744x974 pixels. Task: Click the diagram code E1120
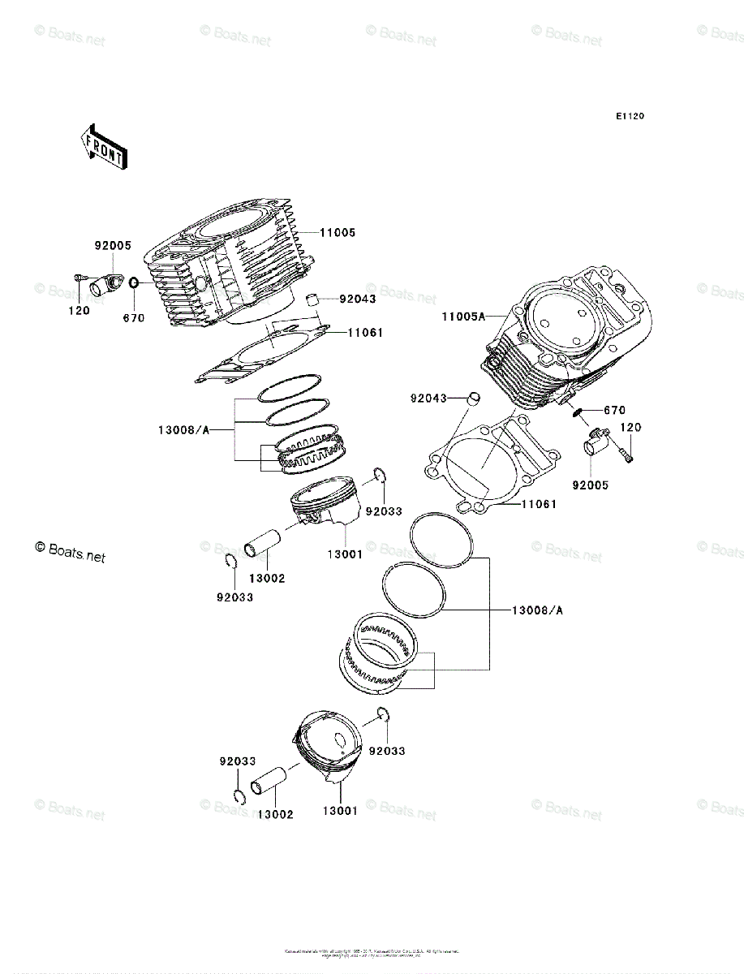[x=629, y=117]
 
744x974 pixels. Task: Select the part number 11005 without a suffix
[x=337, y=233]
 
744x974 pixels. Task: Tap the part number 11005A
[x=463, y=317]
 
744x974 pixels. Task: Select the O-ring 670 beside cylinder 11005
[x=134, y=285]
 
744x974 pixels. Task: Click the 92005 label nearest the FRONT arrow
[x=112, y=246]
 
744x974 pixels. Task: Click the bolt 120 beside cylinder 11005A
[x=628, y=454]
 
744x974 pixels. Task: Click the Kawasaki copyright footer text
[x=372, y=952]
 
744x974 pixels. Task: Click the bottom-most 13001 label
[x=339, y=811]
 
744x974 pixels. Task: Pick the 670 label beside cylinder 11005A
[x=613, y=411]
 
